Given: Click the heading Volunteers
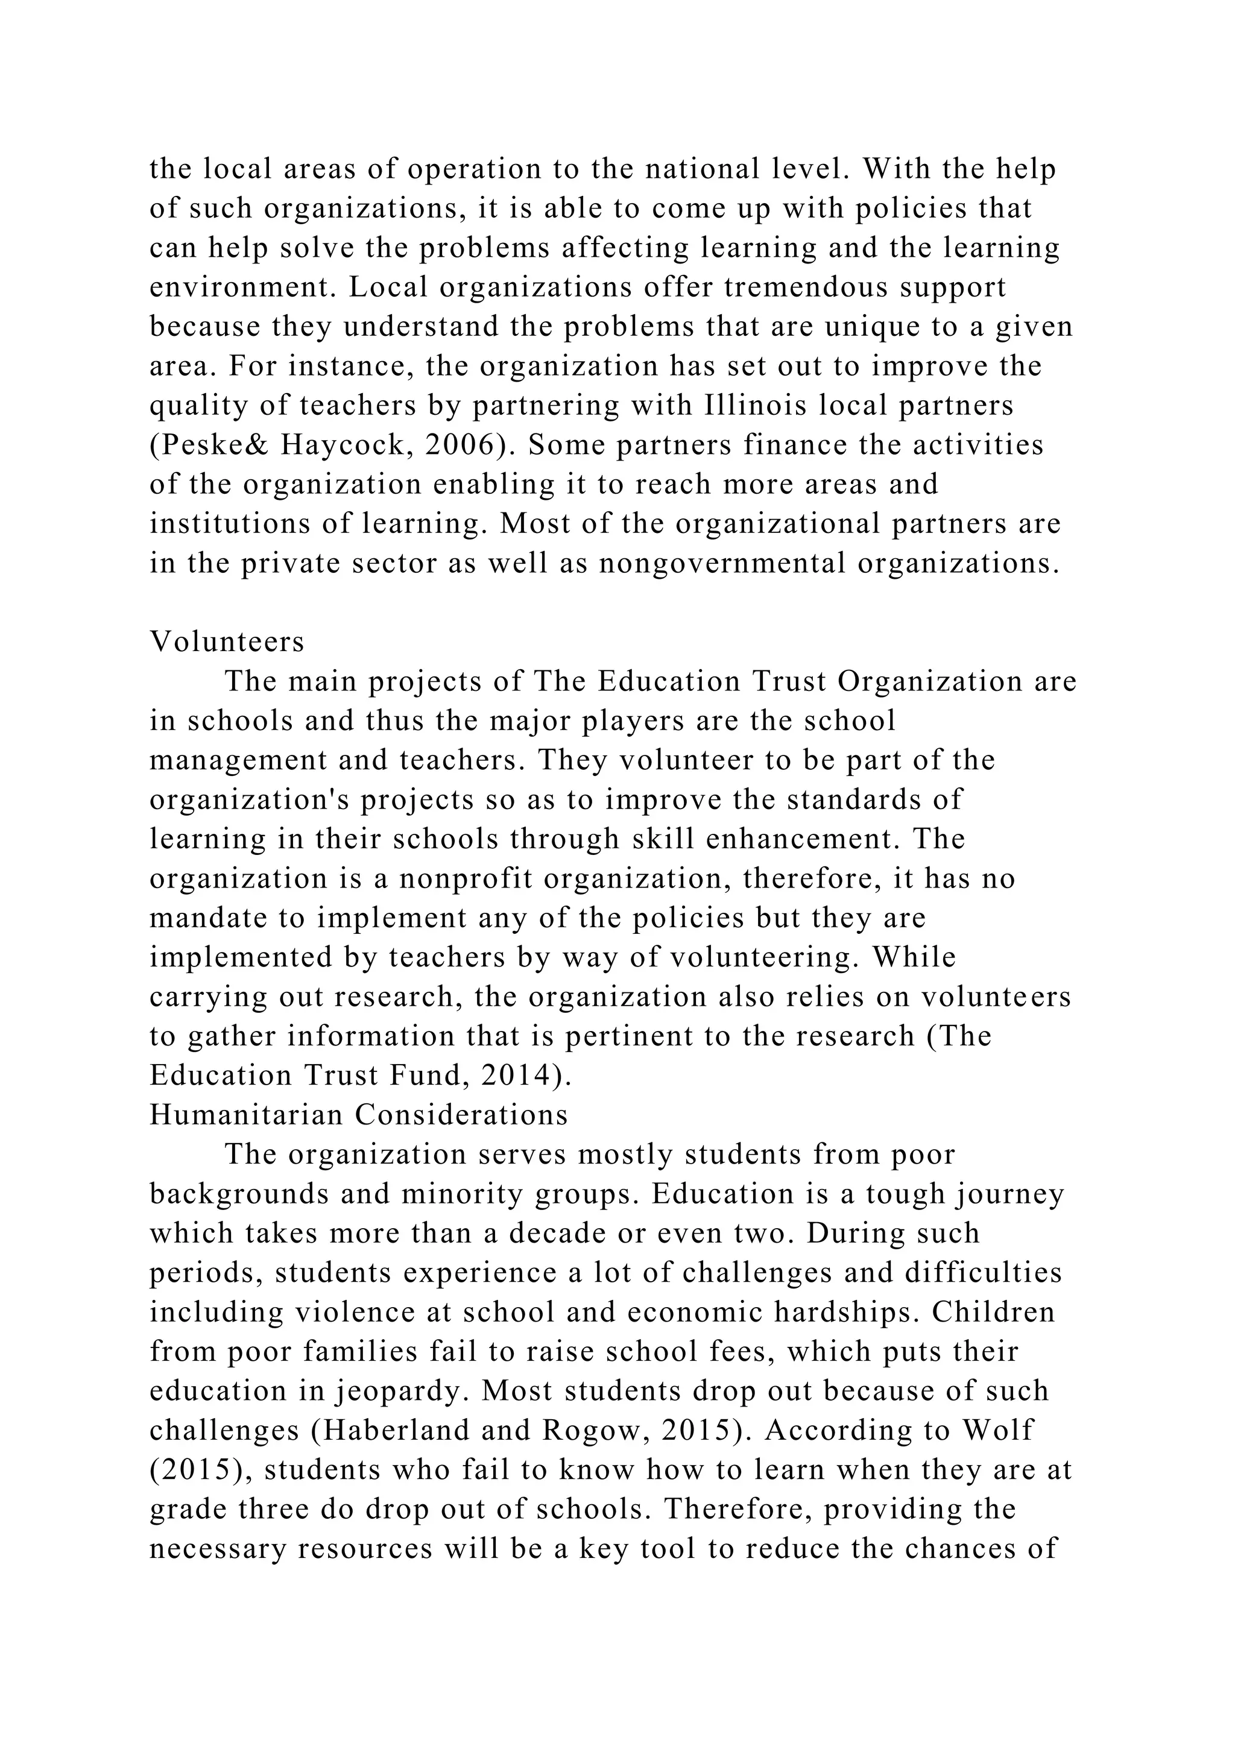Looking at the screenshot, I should point(227,643).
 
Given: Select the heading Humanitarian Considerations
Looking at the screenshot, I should point(359,1115).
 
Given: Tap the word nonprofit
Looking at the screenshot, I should point(466,878).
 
